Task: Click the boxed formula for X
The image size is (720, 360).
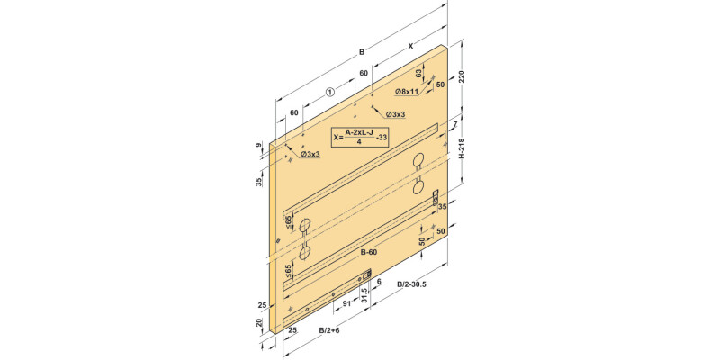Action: (361, 137)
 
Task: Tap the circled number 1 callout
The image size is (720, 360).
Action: (329, 93)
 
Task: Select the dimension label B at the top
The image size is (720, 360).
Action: (362, 52)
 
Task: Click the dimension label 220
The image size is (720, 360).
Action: (462, 76)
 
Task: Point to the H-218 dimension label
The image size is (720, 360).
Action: (463, 148)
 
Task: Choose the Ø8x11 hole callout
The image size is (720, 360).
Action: (407, 92)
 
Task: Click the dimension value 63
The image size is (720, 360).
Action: (418, 74)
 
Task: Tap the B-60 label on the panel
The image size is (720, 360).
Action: (369, 252)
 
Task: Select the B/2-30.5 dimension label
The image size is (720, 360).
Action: (412, 284)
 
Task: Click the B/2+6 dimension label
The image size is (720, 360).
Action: (329, 330)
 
